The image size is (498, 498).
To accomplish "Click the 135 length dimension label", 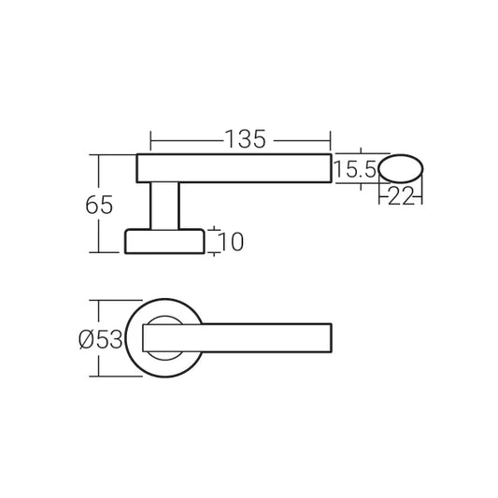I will pos(245,138).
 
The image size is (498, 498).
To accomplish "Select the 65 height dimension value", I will pos(100,205).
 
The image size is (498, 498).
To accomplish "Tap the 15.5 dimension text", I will pos(355,169).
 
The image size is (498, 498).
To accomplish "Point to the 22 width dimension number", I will pos(401,194).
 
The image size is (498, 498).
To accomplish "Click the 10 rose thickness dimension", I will pos(233,242).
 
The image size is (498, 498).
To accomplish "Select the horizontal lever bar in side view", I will pos(234,168).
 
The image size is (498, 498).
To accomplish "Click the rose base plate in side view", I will pos(165,240).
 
